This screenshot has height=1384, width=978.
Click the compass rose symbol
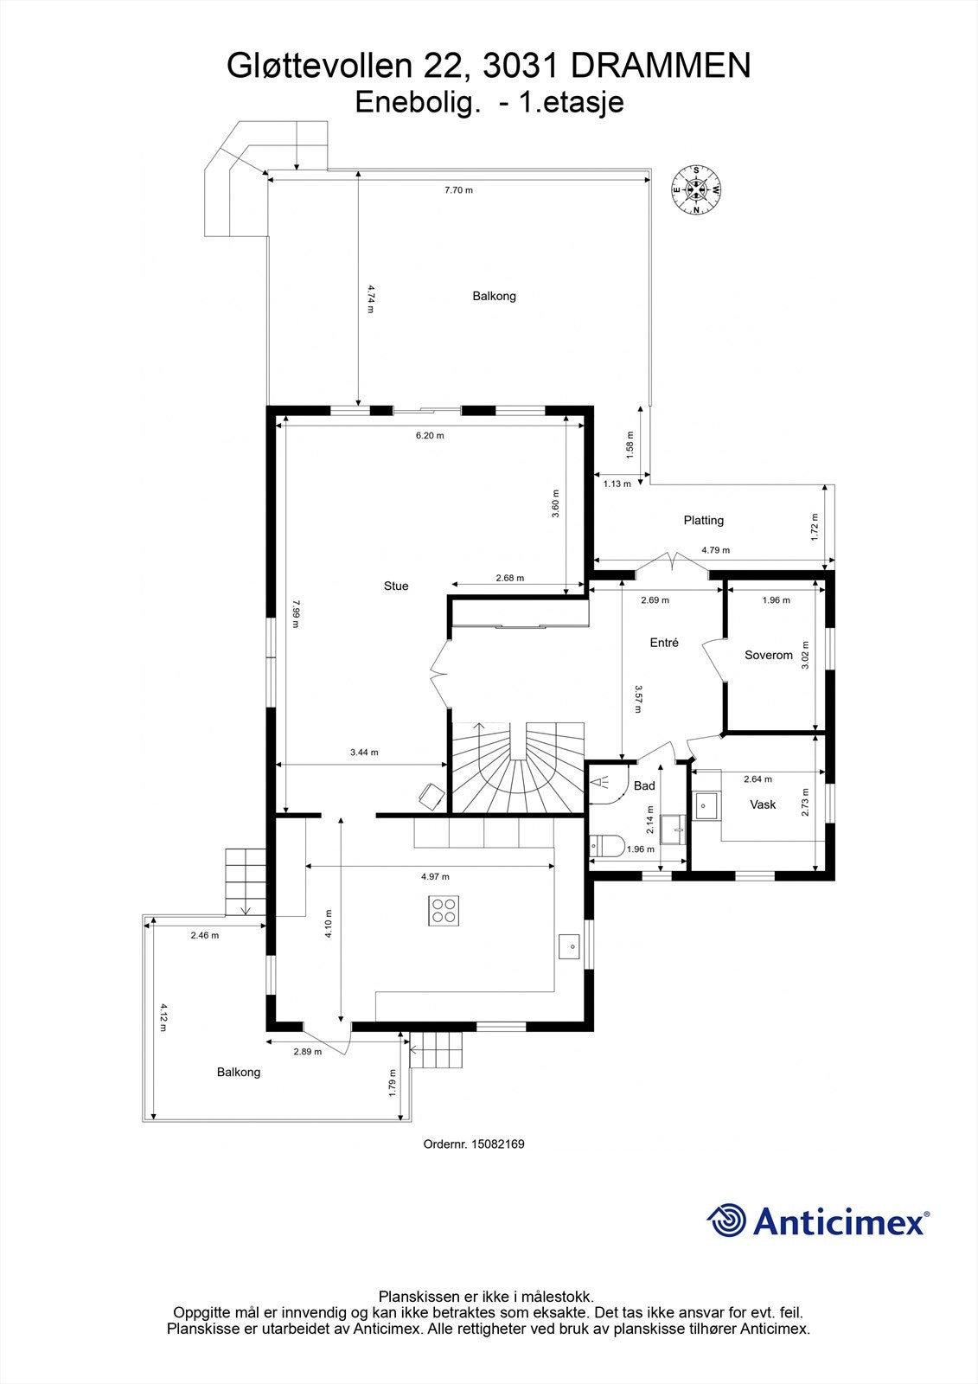696,189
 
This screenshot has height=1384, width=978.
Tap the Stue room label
396,586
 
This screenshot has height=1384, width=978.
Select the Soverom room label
769,655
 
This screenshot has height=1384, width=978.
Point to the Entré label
664,643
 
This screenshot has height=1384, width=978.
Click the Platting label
704,520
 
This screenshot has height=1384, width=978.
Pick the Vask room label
763,804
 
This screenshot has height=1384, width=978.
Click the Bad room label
644,786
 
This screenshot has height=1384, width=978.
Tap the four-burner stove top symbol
444,910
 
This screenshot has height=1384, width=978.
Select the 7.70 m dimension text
458,189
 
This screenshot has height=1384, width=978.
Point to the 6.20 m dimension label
430,435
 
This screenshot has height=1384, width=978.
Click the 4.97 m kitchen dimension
435,876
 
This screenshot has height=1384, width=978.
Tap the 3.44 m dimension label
364,752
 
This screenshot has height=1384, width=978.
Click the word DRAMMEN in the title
661,66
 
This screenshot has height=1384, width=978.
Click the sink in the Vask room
706,805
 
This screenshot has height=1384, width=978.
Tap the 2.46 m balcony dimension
204,935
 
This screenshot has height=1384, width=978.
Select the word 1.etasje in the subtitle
572,103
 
